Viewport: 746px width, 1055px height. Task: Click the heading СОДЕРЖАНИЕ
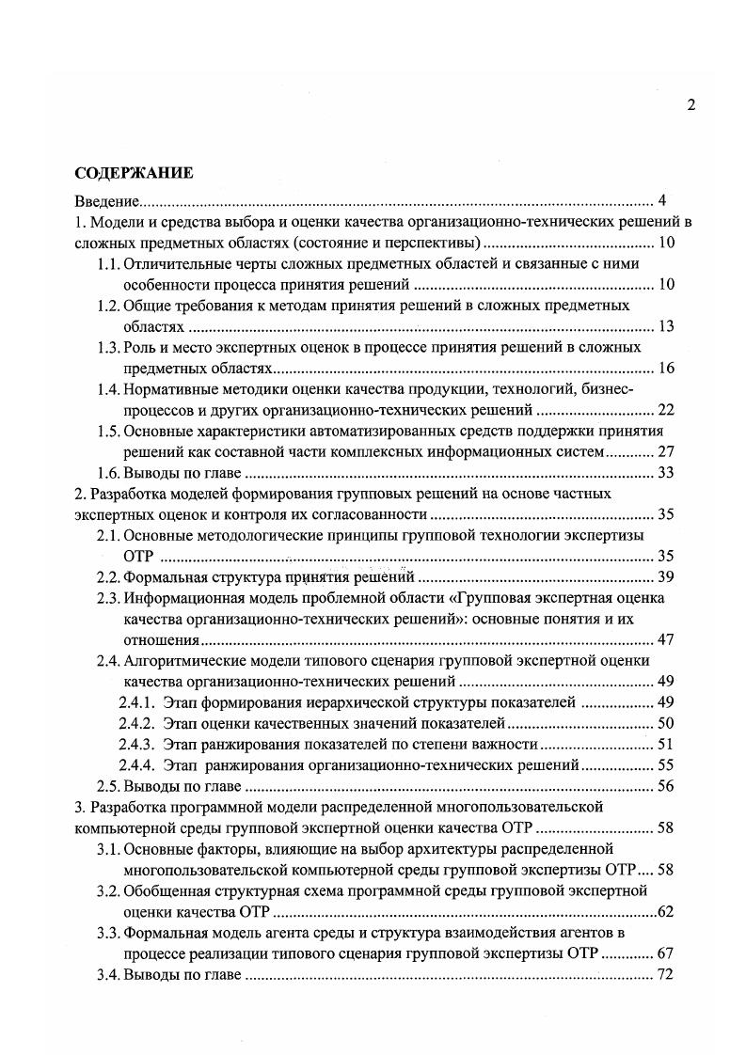(x=134, y=173)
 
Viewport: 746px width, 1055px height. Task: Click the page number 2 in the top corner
(x=691, y=105)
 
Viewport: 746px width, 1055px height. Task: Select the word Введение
(x=107, y=201)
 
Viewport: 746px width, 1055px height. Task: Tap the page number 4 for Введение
(x=662, y=201)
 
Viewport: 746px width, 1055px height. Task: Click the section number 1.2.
(x=110, y=306)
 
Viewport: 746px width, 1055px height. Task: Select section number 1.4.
(x=110, y=389)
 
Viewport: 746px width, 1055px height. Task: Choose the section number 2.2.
(x=110, y=577)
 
